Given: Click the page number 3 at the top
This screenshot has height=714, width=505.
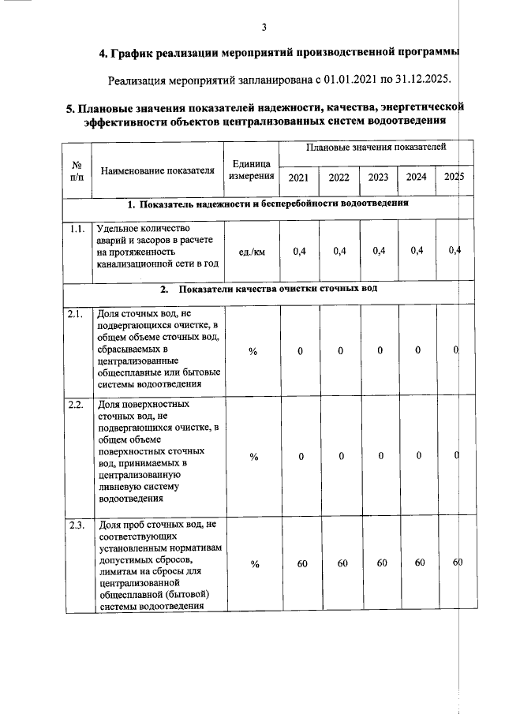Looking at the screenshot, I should pyautogui.click(x=264, y=28).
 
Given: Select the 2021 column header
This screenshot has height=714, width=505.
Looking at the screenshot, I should pyautogui.click(x=299, y=178).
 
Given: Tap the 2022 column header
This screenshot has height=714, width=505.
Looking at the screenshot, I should pyautogui.click(x=339, y=178).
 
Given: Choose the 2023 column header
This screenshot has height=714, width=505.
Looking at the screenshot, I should pyautogui.click(x=379, y=178).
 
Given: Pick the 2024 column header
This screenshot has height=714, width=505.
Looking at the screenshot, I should pyautogui.click(x=417, y=177).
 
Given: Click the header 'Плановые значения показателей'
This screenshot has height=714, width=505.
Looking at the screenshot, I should pyautogui.click(x=376, y=148).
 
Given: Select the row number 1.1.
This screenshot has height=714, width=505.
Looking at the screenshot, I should pyautogui.click(x=77, y=230).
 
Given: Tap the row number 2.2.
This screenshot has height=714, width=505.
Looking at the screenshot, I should pyautogui.click(x=77, y=406).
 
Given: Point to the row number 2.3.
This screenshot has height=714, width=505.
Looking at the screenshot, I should pyautogui.click(x=77, y=525).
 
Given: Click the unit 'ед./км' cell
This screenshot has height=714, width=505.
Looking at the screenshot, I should pyautogui.click(x=252, y=252).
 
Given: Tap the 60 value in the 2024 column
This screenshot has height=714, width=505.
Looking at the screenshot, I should pyautogui.click(x=419, y=563).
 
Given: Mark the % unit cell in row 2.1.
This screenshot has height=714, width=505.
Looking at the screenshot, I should pyautogui.click(x=252, y=352).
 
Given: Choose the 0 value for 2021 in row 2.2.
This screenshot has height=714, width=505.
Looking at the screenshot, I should pyautogui.click(x=301, y=456).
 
